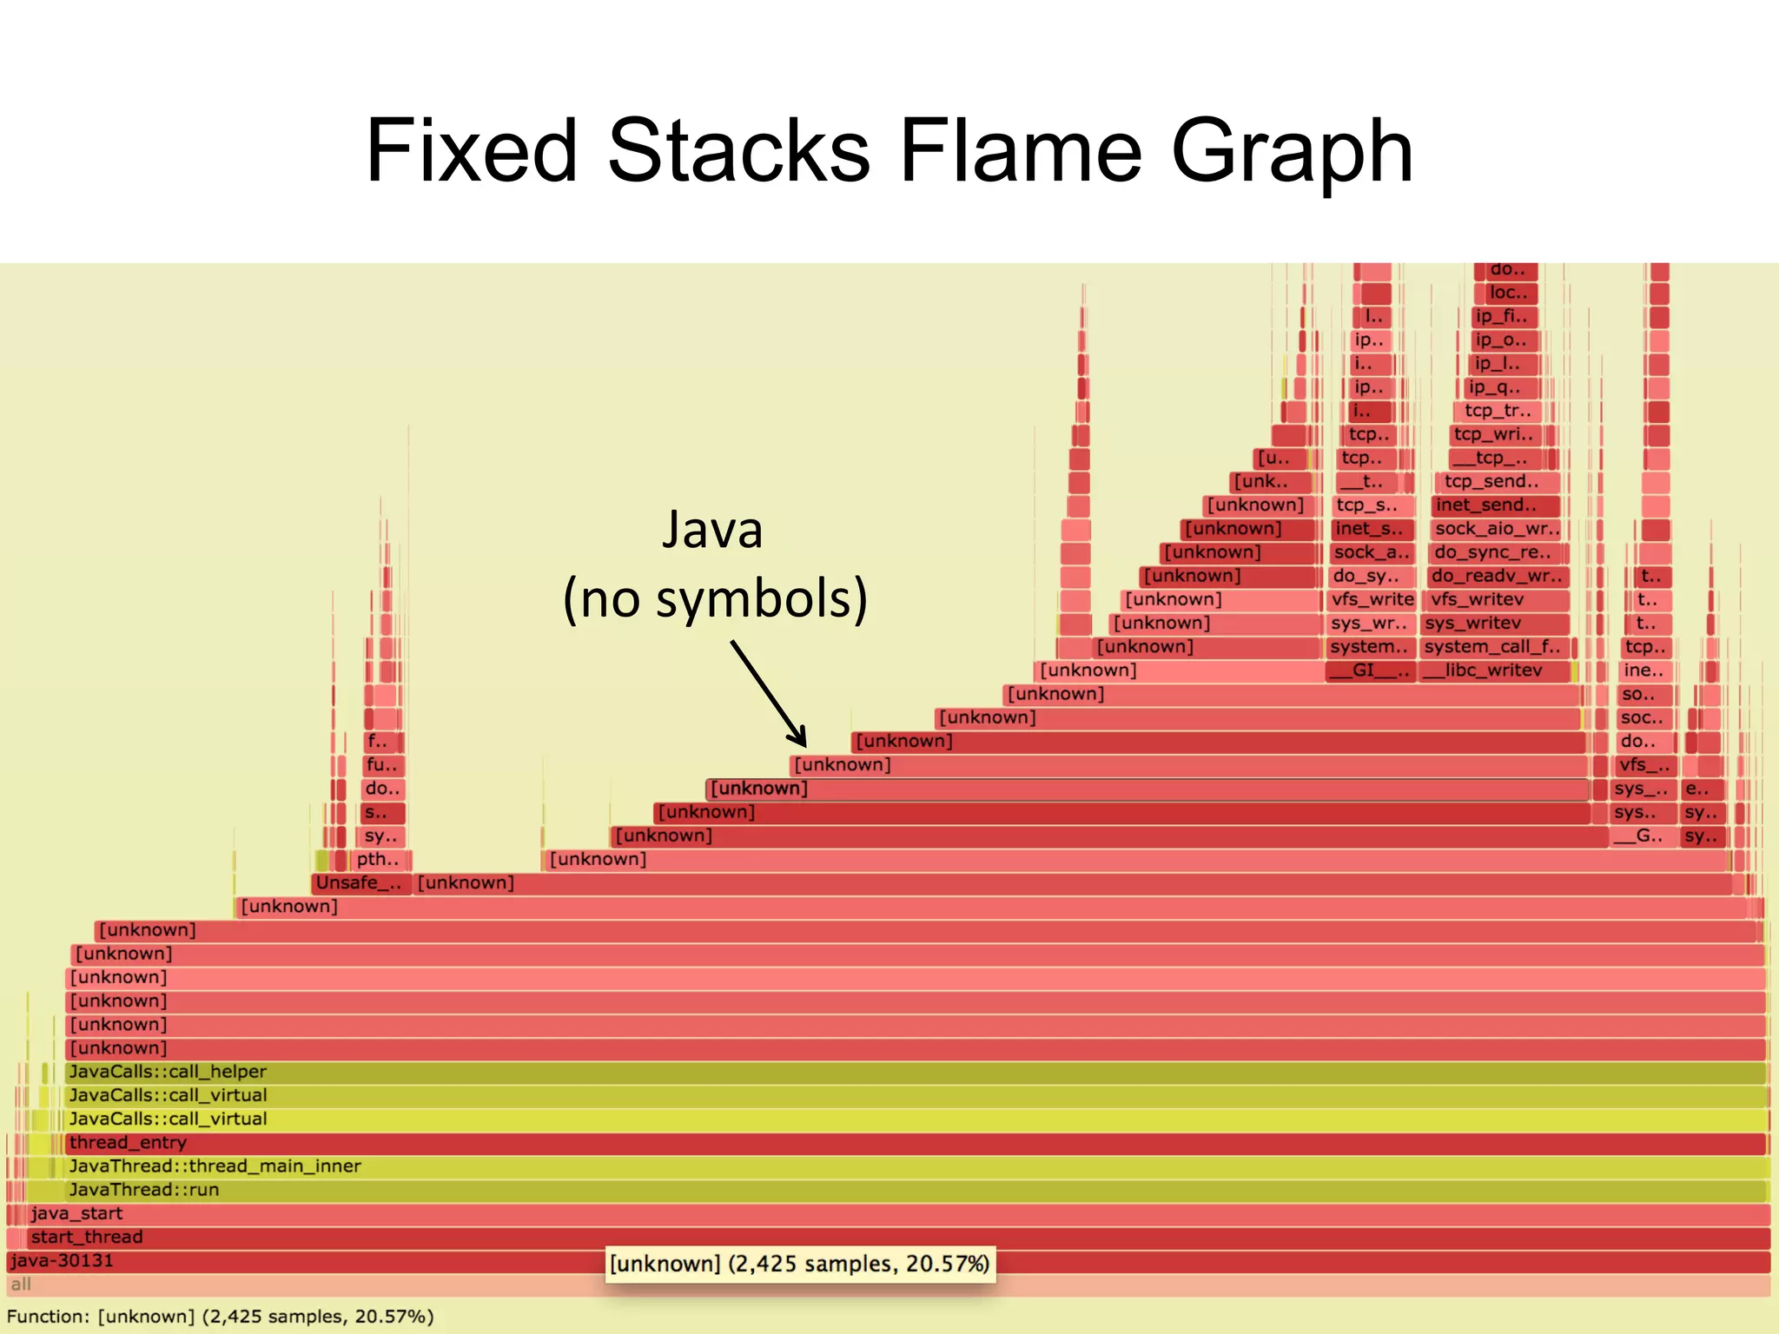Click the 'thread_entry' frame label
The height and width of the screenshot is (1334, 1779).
click(x=128, y=1143)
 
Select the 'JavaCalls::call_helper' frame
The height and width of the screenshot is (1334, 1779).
click(x=168, y=1072)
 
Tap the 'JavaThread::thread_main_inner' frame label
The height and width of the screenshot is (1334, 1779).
click(x=215, y=1166)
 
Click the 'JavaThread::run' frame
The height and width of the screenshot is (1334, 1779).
click(x=144, y=1190)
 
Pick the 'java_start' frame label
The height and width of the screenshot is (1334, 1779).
click(x=76, y=1213)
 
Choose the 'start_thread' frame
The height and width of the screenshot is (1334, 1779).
click(x=87, y=1237)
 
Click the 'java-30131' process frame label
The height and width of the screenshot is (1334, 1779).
click(x=62, y=1260)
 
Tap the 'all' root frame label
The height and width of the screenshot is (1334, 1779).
click(x=21, y=1284)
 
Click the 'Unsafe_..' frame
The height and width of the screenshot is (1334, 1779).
click(x=359, y=883)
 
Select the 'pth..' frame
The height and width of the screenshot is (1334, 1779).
click(x=378, y=860)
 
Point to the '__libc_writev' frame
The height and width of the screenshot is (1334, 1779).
click(x=1493, y=670)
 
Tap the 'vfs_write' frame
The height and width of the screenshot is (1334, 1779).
click(x=1372, y=599)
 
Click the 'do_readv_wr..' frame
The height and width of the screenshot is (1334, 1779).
click(x=1497, y=576)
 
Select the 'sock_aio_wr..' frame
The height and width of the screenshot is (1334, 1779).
click(x=1497, y=529)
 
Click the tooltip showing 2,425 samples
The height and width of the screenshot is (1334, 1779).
click(x=799, y=1264)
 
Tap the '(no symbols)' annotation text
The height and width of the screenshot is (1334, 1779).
click(x=715, y=598)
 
